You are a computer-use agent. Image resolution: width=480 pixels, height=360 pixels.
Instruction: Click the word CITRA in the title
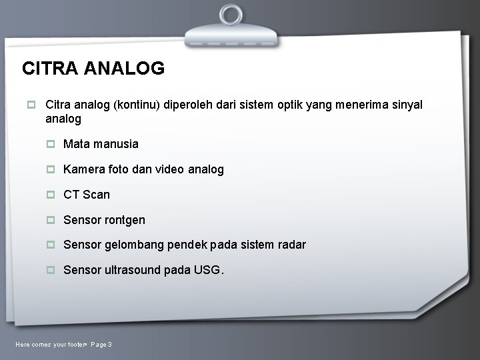[49, 68]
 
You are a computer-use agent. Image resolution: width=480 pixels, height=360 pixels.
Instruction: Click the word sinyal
[405, 105]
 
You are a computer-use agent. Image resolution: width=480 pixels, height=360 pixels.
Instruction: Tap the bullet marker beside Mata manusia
[51, 144]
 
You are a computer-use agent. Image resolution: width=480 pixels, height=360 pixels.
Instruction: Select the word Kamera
[83, 169]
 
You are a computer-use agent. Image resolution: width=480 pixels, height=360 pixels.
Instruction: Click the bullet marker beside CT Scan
[51, 195]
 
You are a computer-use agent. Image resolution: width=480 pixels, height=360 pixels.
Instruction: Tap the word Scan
[97, 195]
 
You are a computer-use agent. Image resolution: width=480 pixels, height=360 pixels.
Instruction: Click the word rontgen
[125, 220]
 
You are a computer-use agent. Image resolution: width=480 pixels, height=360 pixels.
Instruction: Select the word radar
[291, 245]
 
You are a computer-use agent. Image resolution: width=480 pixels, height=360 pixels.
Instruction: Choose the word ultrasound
[132, 270]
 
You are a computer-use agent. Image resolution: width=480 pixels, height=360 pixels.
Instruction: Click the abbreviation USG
[207, 270]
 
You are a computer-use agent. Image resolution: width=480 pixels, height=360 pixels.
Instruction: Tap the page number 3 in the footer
[109, 344]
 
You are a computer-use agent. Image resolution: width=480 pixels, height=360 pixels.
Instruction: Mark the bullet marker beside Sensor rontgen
[51, 220]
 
